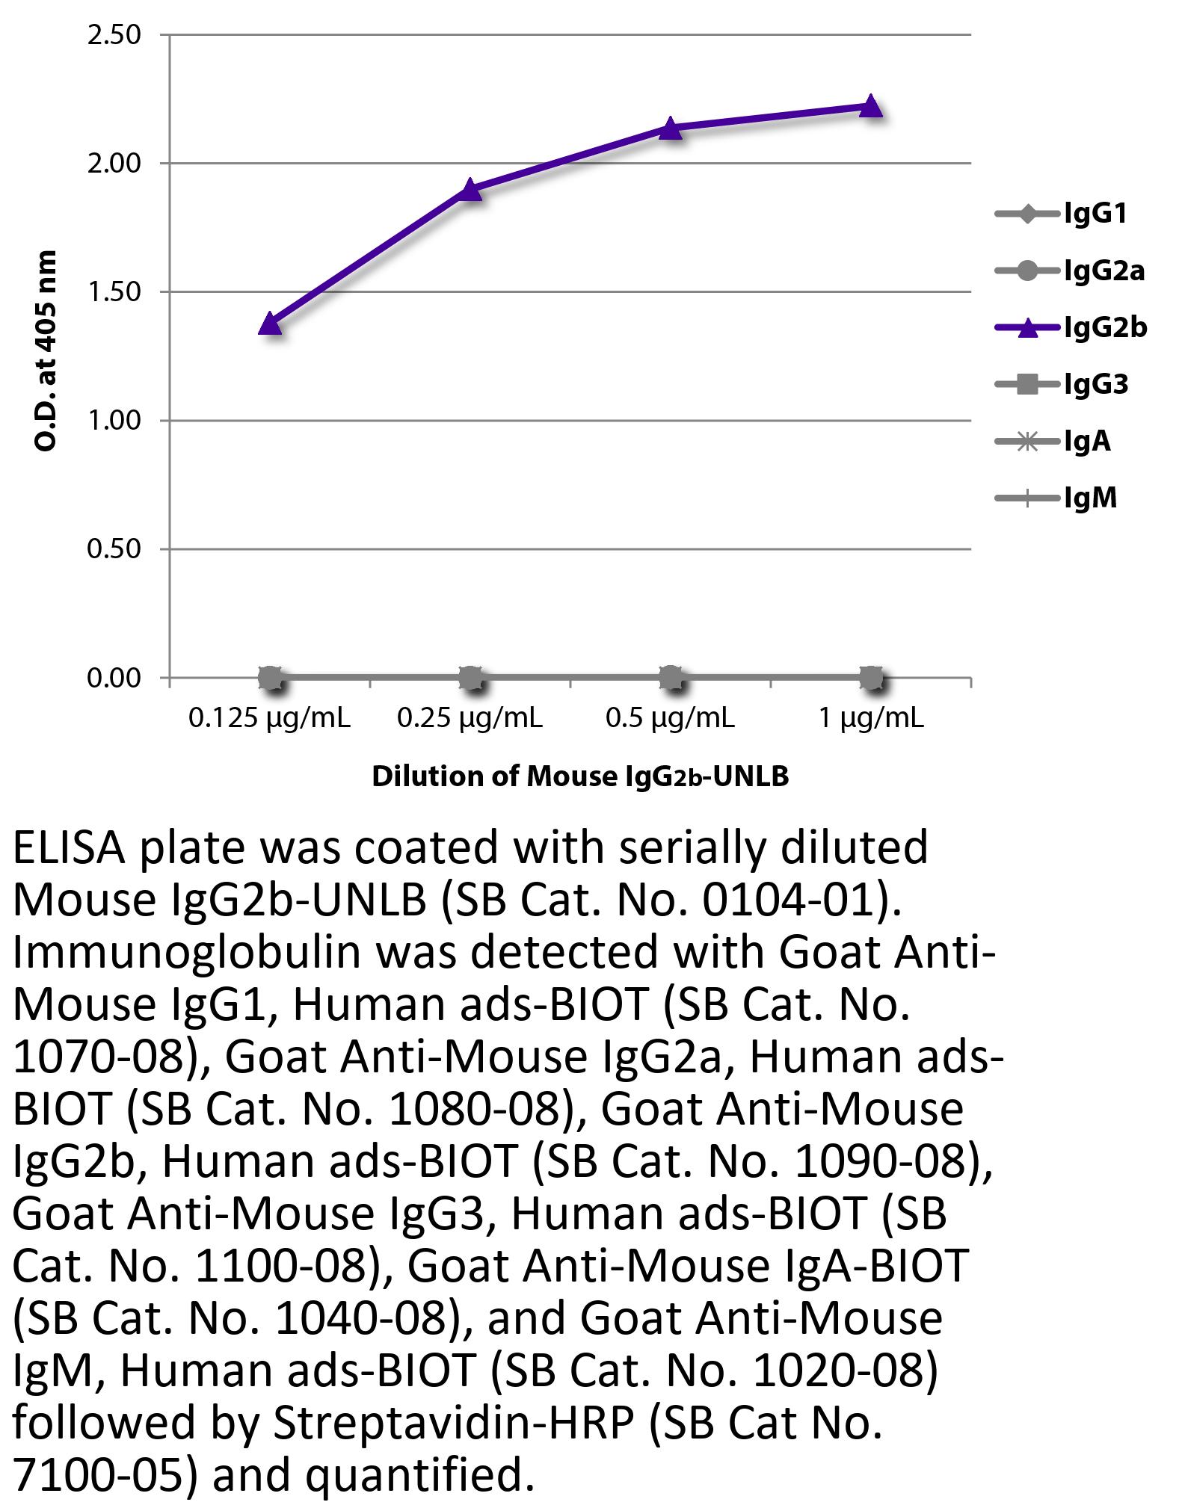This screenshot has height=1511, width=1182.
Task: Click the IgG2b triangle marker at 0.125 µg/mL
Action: point(270,324)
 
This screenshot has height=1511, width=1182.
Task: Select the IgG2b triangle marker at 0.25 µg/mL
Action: point(470,190)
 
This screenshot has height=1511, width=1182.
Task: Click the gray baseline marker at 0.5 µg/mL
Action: point(671,679)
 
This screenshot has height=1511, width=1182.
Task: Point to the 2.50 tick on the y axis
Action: point(114,35)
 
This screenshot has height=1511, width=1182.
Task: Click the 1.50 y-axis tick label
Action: point(114,292)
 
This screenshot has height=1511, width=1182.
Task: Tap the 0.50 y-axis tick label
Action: point(114,549)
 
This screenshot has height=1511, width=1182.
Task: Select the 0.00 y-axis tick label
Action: point(114,679)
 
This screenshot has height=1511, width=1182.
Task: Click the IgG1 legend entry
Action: point(1095,214)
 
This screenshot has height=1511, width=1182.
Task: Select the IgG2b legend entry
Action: point(1105,328)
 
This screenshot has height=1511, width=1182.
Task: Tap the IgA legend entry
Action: point(1087,442)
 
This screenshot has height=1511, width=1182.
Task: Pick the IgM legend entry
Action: point(1090,498)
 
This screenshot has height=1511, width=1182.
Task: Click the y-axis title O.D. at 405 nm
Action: point(46,350)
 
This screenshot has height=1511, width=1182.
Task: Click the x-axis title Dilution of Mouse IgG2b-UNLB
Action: point(580,777)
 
